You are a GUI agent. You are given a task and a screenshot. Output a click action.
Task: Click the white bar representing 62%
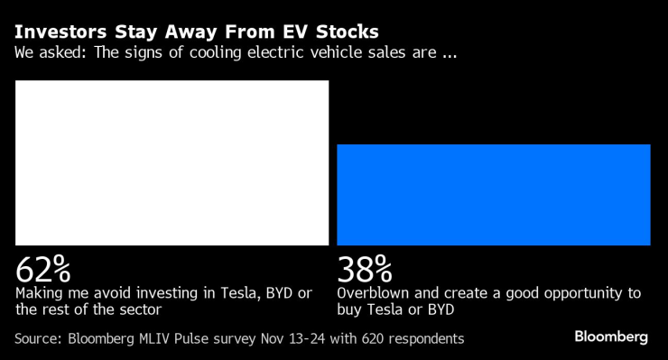172,162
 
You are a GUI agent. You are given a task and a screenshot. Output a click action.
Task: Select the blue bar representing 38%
493,194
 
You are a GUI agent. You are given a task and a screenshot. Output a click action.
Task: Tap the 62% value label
42,269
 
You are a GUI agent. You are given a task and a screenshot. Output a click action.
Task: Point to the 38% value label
364,269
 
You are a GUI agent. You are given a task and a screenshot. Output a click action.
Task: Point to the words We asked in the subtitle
47,52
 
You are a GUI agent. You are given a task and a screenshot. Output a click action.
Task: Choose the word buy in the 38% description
350,309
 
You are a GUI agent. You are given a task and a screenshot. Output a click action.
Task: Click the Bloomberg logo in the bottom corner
611,337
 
